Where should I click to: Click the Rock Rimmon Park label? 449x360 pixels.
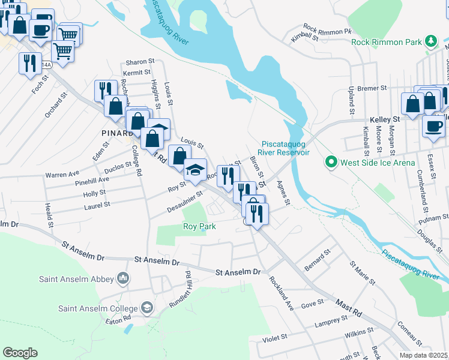pos(386,41)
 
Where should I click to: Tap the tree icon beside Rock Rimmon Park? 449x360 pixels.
pos(430,41)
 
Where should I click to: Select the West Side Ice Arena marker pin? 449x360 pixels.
pos(330,162)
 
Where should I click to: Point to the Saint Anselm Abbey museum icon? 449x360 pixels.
pos(124,278)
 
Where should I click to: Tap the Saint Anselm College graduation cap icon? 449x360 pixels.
pos(146,308)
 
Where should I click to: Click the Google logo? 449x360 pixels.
pos(20,353)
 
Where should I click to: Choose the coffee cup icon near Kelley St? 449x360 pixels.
pos(433,127)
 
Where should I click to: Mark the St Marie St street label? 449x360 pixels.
pos(363,272)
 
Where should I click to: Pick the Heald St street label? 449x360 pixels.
pos(49,215)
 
